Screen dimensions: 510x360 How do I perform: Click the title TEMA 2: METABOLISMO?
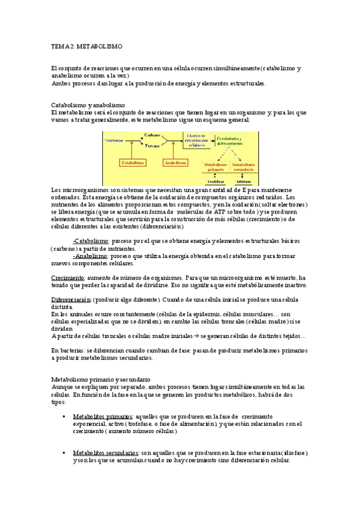(x=87, y=46)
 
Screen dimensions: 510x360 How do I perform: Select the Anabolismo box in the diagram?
(x=175, y=162)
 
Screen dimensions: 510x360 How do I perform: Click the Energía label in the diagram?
(x=152, y=146)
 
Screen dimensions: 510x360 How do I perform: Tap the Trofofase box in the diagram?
(x=214, y=180)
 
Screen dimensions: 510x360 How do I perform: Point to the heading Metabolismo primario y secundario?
(x=101, y=379)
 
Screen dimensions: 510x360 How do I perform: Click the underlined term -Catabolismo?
(x=91, y=241)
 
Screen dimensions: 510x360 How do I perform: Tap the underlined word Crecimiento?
(x=68, y=278)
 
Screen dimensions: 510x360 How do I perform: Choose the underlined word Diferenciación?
(x=71, y=300)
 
